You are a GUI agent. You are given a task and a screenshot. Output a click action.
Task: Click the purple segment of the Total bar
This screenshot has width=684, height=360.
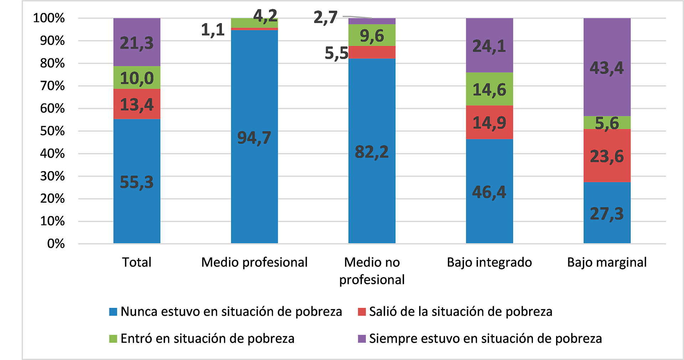137,42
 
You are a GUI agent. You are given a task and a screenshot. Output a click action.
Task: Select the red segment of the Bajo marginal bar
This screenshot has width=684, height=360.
607,156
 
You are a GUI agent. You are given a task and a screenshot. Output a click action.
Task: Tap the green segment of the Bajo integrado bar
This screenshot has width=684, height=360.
489,89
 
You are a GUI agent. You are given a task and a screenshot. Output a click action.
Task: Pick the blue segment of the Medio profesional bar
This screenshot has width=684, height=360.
254,137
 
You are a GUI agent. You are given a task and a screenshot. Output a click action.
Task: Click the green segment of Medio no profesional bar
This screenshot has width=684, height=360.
372,35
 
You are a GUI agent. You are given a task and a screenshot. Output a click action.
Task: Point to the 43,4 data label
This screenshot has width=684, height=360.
607,68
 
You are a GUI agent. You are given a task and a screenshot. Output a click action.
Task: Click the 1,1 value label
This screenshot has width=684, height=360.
213,30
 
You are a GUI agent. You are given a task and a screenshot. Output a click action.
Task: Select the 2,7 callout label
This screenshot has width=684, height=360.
325,17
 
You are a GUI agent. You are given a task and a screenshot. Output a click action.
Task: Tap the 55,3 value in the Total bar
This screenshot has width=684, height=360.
137,182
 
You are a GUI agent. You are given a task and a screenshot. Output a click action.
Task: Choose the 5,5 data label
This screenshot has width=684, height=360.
336,53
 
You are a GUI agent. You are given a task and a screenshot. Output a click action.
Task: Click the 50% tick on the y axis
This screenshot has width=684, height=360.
52,131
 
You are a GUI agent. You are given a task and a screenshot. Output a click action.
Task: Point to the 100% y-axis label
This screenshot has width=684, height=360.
49,18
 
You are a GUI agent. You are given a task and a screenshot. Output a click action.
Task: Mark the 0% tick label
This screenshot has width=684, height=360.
56,244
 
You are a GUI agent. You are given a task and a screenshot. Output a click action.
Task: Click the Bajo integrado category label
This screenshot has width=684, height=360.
489,262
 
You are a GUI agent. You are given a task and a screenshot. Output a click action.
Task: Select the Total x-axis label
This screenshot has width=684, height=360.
137,262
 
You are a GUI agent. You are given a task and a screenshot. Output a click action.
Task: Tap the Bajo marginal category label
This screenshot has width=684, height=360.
607,262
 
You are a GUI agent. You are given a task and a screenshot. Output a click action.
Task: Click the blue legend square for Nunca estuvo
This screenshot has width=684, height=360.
113,312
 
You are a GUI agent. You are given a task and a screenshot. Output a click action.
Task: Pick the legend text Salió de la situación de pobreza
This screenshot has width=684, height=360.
460,312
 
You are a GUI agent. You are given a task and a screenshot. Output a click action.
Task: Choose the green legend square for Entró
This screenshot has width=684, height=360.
113,339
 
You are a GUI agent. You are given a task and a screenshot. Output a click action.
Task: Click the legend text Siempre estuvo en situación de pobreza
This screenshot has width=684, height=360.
485,339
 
